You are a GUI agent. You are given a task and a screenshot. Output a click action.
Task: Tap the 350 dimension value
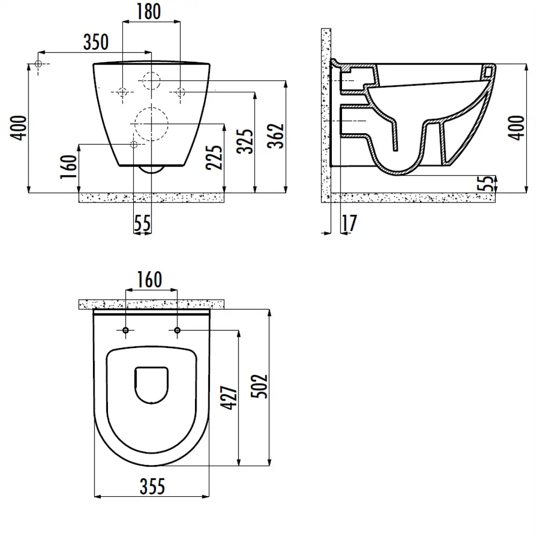click(95, 42)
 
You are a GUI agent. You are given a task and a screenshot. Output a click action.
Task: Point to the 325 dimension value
click(246, 141)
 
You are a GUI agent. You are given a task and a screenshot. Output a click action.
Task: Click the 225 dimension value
click(215, 157)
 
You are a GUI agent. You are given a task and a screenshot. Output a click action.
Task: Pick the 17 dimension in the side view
click(349, 223)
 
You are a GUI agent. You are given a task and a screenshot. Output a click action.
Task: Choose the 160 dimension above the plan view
click(149, 279)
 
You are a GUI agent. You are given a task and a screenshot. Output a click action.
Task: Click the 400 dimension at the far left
click(19, 128)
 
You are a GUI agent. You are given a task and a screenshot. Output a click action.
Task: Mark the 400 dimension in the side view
click(517, 128)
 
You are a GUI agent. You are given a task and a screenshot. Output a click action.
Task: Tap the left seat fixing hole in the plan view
click(126, 330)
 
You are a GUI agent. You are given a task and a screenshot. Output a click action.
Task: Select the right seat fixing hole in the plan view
click(177, 330)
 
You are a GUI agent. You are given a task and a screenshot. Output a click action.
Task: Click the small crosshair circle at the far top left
click(39, 64)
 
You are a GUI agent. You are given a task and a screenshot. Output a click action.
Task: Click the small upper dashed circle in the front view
click(151, 82)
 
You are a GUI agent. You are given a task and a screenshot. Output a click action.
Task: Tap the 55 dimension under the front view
click(142, 223)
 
